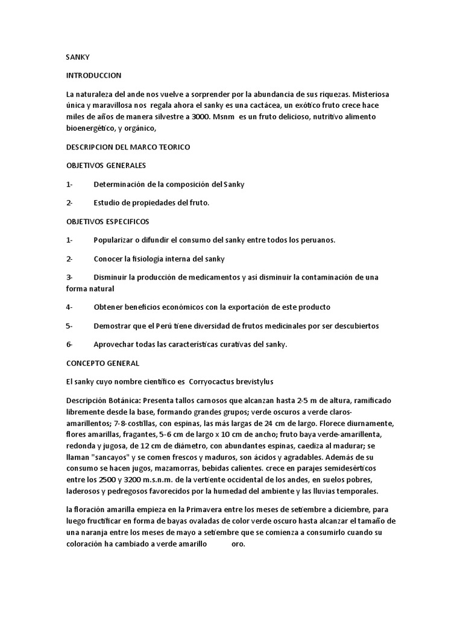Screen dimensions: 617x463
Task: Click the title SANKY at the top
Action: (x=77, y=57)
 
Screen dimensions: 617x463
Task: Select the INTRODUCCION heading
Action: (x=93, y=76)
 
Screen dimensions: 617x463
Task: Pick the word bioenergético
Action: (x=94, y=128)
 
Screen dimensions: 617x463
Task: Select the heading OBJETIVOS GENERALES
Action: (x=106, y=165)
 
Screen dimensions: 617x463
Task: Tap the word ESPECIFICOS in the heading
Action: (x=128, y=221)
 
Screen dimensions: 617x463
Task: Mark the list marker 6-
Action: (x=69, y=344)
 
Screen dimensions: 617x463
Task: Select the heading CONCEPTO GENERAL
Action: (x=102, y=363)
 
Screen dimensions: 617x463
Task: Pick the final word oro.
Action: (x=239, y=543)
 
